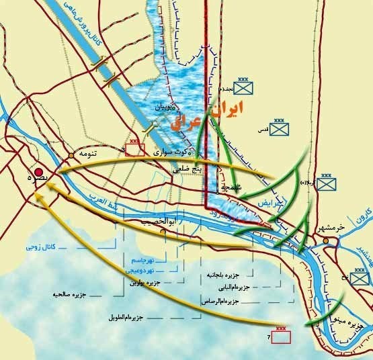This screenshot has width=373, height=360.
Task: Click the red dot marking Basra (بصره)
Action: coord(40,171)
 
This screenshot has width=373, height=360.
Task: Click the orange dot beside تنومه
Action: coord(71,156)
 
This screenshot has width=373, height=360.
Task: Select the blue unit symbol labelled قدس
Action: coord(277,128)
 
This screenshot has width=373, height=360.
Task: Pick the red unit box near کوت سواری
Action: coord(134,149)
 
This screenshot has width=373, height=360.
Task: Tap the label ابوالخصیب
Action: coord(159,221)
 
